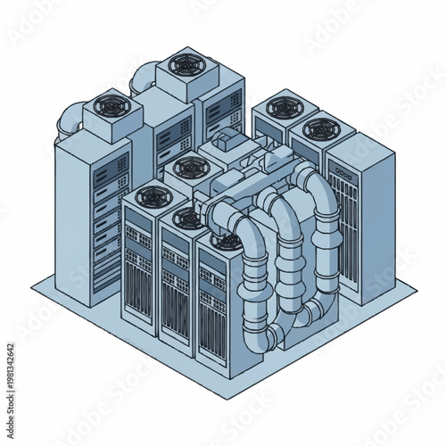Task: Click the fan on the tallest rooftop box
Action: click(x=186, y=64)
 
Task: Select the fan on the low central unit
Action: click(x=186, y=166)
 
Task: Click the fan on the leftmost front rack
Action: click(x=148, y=199)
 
